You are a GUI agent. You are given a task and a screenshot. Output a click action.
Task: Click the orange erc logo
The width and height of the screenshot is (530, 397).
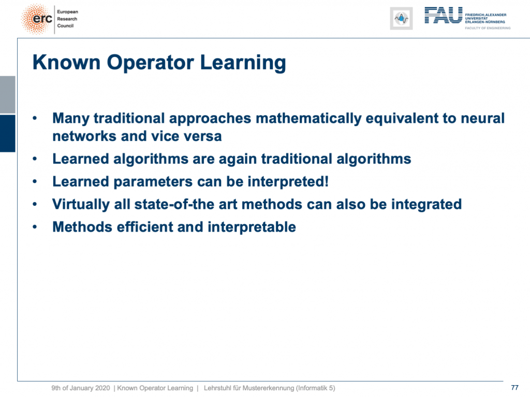[x=37, y=19]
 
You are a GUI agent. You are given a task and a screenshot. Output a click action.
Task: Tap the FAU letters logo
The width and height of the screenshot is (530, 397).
[x=443, y=16]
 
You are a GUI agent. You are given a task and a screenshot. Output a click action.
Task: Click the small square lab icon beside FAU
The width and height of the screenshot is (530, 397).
[x=401, y=18]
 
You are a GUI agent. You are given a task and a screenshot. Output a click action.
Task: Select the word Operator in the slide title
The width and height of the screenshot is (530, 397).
[x=151, y=63]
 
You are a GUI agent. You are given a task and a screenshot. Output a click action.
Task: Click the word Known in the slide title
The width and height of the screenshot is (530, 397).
[x=67, y=63]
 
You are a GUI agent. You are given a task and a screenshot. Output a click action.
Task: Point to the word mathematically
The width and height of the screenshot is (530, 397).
[x=308, y=119]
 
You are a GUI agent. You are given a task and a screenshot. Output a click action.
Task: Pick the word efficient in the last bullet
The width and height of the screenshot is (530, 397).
[x=144, y=227]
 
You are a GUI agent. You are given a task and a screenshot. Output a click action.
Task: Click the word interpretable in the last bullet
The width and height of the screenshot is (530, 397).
[x=252, y=227]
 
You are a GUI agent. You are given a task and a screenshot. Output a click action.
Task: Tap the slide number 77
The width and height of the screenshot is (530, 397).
[x=514, y=388]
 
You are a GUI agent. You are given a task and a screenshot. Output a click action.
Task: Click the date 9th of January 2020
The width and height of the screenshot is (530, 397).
[x=80, y=388]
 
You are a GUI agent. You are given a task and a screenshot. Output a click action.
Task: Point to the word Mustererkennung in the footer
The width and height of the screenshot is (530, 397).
[x=268, y=388]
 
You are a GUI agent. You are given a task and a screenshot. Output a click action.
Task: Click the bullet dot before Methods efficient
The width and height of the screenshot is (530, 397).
[x=35, y=227]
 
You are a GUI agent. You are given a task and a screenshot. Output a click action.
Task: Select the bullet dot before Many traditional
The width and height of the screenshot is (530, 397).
[x=35, y=118]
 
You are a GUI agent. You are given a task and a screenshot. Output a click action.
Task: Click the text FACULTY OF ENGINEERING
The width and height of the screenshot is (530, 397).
[x=488, y=28]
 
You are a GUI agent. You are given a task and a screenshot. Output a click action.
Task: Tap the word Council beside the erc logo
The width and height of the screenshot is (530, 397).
[x=65, y=26]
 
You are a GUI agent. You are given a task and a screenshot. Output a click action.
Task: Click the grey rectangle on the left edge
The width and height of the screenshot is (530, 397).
[x=7, y=95]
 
